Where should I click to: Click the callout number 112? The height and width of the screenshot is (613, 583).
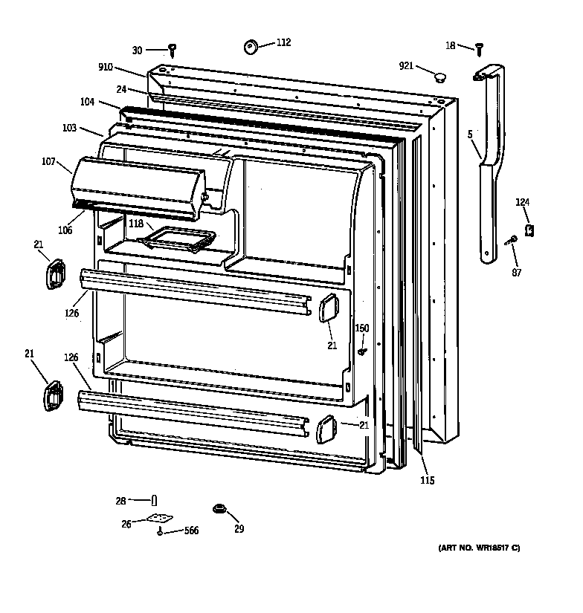coord(284,42)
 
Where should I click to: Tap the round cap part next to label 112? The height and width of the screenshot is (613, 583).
coord(250,47)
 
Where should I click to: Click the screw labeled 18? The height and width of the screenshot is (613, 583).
coord(480,49)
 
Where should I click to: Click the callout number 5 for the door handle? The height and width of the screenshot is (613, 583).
coord(470,134)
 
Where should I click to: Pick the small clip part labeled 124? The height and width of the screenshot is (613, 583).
coord(530,230)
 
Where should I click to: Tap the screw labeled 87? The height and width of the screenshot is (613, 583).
coord(512,240)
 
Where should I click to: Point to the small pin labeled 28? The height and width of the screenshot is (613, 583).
coord(154,499)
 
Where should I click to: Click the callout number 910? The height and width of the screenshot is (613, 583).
coord(105,67)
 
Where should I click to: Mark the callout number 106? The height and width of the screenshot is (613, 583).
coord(65,230)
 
